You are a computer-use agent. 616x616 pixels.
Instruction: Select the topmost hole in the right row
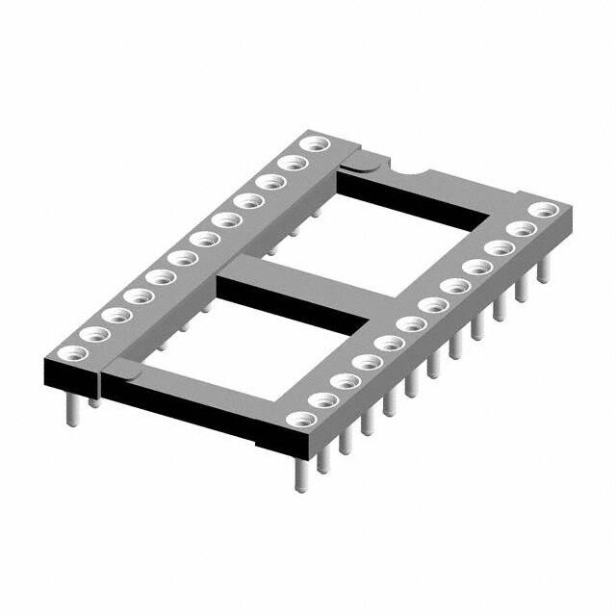point(545,210)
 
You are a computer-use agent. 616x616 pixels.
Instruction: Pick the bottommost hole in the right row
point(302,420)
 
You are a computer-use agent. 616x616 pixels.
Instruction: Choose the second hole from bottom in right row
point(323,400)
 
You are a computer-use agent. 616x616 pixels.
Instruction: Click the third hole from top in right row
point(499,248)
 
